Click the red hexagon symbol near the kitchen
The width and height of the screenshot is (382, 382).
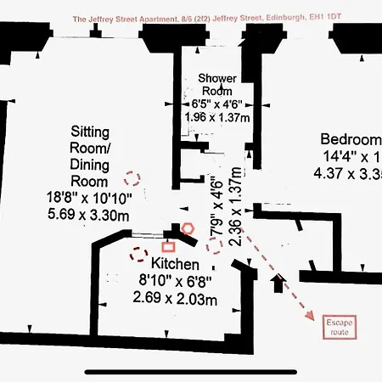[x=188, y=228]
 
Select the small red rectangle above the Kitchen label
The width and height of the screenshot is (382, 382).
[x=168, y=245]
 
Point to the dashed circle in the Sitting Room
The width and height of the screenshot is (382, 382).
[x=132, y=177]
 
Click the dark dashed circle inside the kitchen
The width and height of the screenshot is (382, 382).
[x=138, y=253]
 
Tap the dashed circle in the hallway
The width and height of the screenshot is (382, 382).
[x=214, y=244]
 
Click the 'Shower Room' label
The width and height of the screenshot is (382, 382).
[x=216, y=84]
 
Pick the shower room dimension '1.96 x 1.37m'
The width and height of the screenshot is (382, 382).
[x=216, y=120]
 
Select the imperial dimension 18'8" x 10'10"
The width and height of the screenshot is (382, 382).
[x=89, y=198]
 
